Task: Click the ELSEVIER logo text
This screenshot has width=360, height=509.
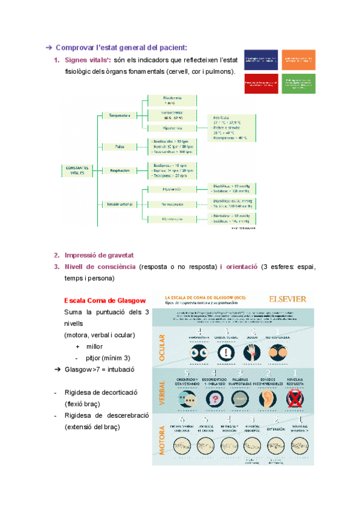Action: click(287, 298)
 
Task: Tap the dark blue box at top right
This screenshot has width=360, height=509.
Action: click(261, 59)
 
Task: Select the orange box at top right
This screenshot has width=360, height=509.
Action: click(298, 59)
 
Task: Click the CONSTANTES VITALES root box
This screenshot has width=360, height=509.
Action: click(78, 170)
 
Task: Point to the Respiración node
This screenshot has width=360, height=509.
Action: click(120, 170)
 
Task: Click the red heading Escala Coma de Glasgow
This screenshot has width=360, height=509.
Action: click(104, 300)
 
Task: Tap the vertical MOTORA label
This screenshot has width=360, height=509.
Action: click(161, 440)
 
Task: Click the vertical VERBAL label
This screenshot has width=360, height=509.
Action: click(161, 393)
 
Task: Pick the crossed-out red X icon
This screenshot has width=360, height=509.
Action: click(295, 399)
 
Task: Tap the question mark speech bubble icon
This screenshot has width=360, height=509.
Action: click(214, 399)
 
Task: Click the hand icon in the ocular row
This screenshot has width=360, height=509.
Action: click(251, 353)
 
